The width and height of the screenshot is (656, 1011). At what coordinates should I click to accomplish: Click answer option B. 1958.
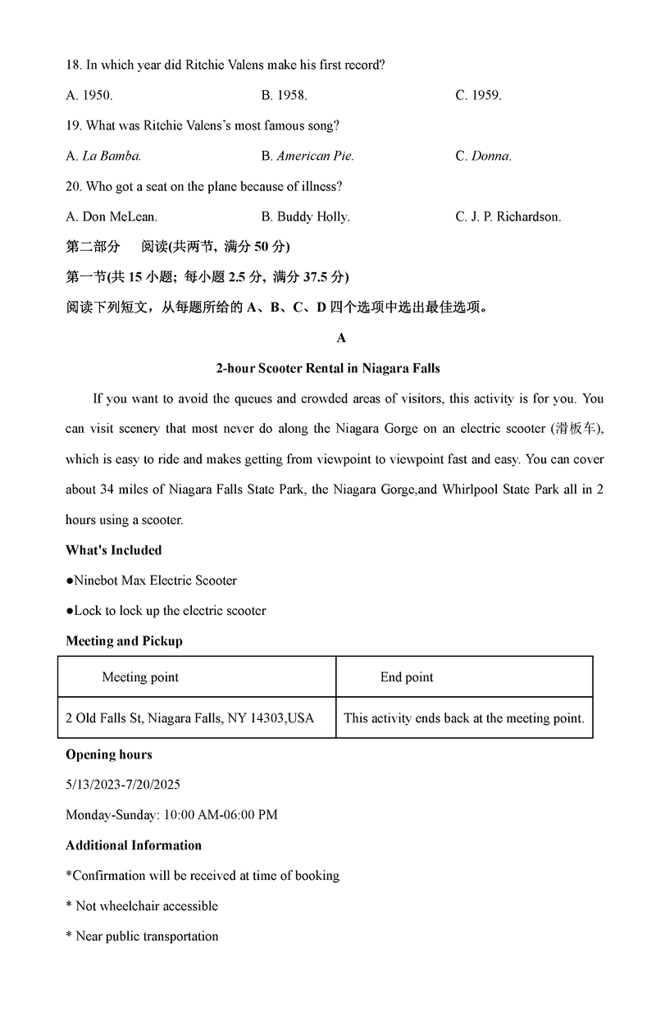[x=284, y=95]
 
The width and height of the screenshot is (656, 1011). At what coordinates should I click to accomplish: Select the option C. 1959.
[x=478, y=95]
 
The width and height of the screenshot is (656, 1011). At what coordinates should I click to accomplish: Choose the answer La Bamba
[x=104, y=156]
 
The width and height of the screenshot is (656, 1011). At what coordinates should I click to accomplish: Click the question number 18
[x=73, y=65]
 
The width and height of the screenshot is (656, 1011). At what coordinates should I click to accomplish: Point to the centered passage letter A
[x=341, y=338]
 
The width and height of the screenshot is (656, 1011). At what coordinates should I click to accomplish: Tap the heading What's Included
[x=114, y=550]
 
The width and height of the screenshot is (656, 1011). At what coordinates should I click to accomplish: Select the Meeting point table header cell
[x=140, y=677]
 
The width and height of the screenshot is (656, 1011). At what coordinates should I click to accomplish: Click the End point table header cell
[x=407, y=677]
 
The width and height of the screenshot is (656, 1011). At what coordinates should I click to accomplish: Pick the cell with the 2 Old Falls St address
[x=189, y=718]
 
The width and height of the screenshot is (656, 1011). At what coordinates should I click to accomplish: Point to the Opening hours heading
[x=109, y=754]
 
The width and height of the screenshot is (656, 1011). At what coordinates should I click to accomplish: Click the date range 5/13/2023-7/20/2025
[x=123, y=785]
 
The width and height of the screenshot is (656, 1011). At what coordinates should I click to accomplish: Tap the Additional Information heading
[x=134, y=845]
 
